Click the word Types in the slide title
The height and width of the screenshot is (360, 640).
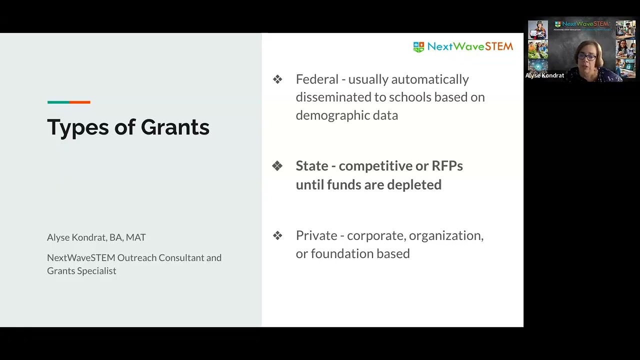(x=77, y=128)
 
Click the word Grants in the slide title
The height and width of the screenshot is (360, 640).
(x=175, y=127)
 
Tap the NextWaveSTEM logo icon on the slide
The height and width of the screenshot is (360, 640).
(x=418, y=47)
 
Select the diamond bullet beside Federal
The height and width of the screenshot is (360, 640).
(x=277, y=79)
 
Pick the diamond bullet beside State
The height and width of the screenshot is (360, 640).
(x=277, y=166)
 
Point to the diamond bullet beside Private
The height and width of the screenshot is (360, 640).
(x=277, y=235)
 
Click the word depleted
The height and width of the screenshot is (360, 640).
(x=414, y=185)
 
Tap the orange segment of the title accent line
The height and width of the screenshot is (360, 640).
(x=79, y=102)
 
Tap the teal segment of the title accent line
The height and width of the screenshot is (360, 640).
(x=58, y=102)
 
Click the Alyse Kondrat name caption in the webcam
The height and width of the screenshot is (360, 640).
(x=544, y=75)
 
